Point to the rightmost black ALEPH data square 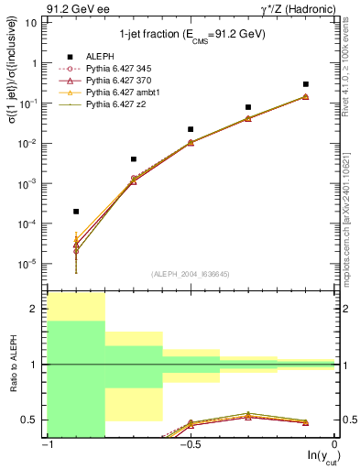pos(306,84)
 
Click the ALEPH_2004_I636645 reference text pos(191,273)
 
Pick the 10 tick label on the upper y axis pos(31,22)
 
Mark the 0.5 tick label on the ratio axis pos(30,420)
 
